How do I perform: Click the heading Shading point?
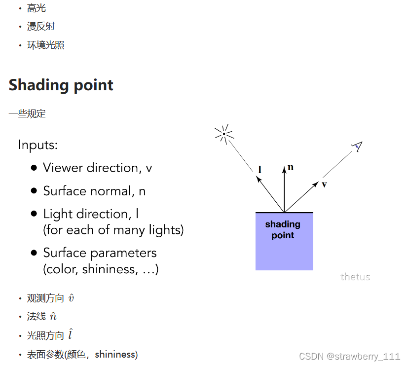coord(61,85)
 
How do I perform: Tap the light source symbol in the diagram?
coord(224,134)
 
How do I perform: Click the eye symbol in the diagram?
coord(358,146)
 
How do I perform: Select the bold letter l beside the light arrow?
coord(260,170)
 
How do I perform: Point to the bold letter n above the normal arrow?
coord(291,167)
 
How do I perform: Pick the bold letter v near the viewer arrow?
coord(324,184)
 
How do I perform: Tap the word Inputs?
coord(38,145)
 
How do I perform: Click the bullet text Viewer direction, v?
coord(97,168)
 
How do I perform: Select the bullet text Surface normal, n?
coord(94,191)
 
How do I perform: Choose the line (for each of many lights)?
coord(113,230)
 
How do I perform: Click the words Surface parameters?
coord(100,253)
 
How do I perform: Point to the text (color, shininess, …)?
coord(101,269)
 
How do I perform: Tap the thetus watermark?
coord(355,277)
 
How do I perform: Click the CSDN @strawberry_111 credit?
coord(349,356)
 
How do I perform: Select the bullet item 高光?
coord(37,8)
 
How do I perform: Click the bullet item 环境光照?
coord(45,45)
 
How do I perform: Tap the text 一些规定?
coord(27,114)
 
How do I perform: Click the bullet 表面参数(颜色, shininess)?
coord(82,355)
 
